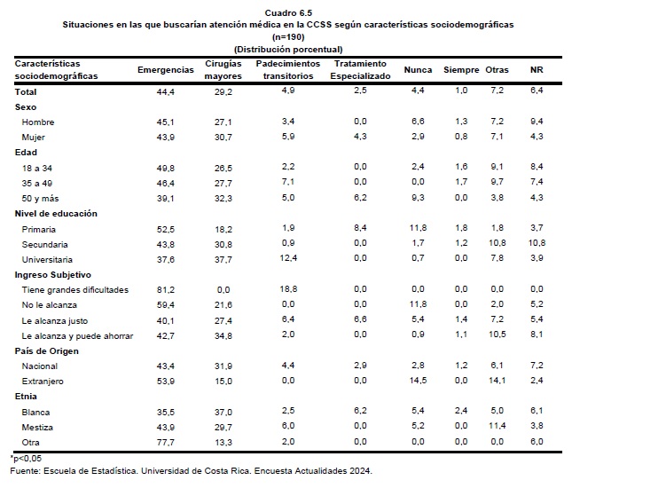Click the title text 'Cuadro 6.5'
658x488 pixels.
point(288,12)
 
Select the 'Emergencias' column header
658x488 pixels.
point(166,70)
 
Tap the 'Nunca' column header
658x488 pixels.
point(418,70)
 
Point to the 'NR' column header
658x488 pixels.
point(537,70)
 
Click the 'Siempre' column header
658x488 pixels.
point(461,70)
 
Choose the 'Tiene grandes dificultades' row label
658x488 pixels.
point(75,290)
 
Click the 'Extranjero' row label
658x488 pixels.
point(43,382)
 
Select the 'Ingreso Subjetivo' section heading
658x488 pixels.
point(53,275)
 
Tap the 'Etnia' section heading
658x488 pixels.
point(26,397)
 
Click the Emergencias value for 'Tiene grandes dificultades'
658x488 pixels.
point(166,290)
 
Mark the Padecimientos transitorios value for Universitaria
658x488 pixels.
point(288,258)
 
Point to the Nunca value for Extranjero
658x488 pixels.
point(418,381)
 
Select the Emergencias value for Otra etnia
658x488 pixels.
point(166,442)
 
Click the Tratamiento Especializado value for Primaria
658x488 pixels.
point(360,228)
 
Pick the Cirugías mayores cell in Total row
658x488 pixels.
point(223,92)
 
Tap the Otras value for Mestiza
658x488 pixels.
point(497,426)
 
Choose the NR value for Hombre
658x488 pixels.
point(537,122)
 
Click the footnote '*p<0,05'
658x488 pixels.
point(26,458)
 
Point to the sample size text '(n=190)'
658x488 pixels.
point(288,37)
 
